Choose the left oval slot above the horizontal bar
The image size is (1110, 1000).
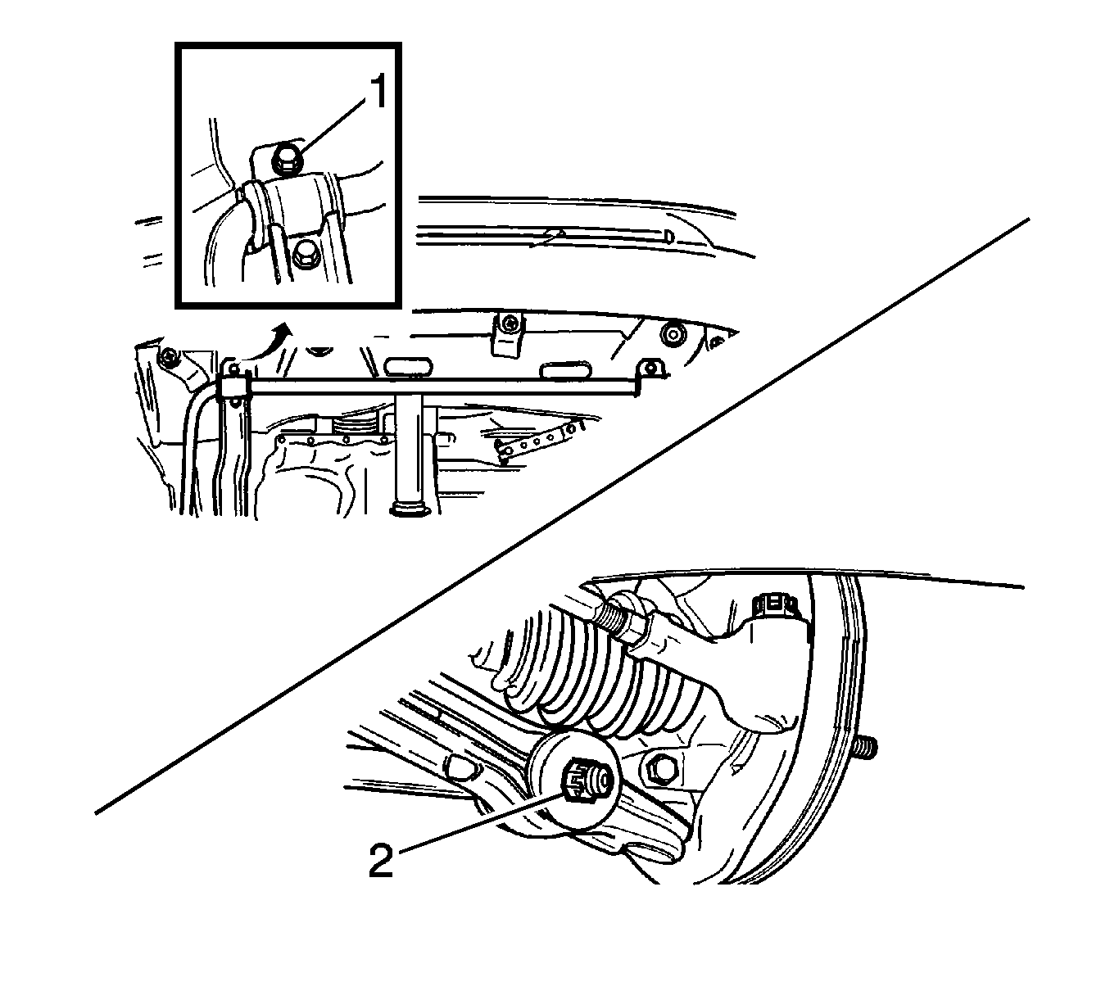click(409, 368)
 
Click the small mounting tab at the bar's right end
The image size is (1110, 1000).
click(650, 369)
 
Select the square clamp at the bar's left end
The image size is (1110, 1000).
click(237, 387)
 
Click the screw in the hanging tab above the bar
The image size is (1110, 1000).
click(509, 324)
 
